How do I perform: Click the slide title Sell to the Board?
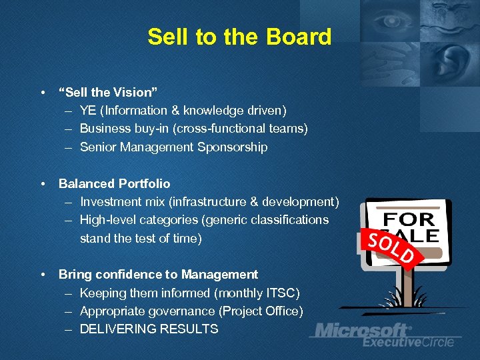pyautogui.click(x=239, y=37)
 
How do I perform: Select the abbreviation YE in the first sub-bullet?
pyautogui.click(x=87, y=111)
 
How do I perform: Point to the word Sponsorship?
pyautogui.click(x=233, y=147)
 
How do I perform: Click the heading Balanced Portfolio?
pyautogui.click(x=114, y=183)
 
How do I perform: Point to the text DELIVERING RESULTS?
pyautogui.click(x=149, y=329)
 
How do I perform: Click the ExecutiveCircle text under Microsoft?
pyautogui.click(x=408, y=342)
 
